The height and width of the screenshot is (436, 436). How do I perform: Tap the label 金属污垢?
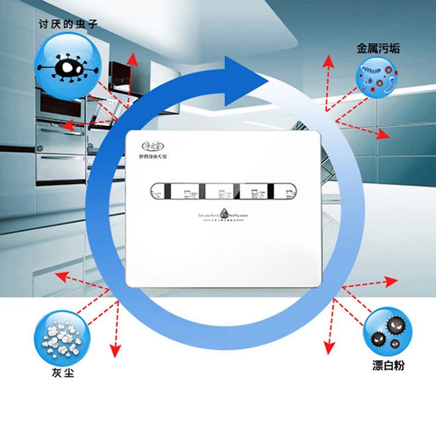pyautogui.click(x=378, y=49)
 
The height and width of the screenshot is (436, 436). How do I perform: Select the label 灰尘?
pyautogui.click(x=60, y=373)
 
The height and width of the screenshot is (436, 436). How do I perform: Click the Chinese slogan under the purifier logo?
pyautogui.click(x=153, y=157)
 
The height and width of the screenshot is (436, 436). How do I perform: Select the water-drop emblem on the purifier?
pyautogui.click(x=223, y=214)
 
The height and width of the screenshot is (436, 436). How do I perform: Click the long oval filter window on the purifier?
pyautogui.click(x=223, y=192)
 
